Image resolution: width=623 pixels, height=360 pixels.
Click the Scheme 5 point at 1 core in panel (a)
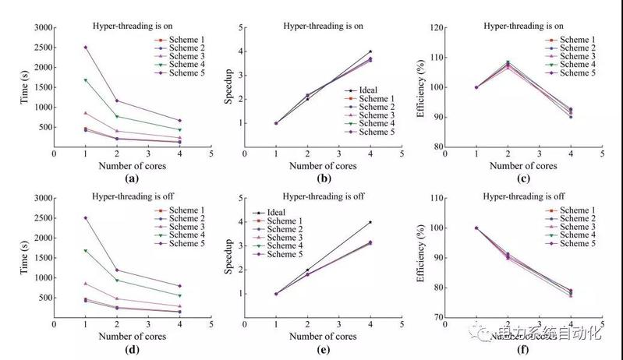pyautogui.click(x=85, y=47)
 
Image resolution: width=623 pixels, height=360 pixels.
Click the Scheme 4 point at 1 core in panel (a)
pyautogui.click(x=85, y=79)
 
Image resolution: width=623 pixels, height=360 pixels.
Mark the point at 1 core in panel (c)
pyautogui.click(x=476, y=87)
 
